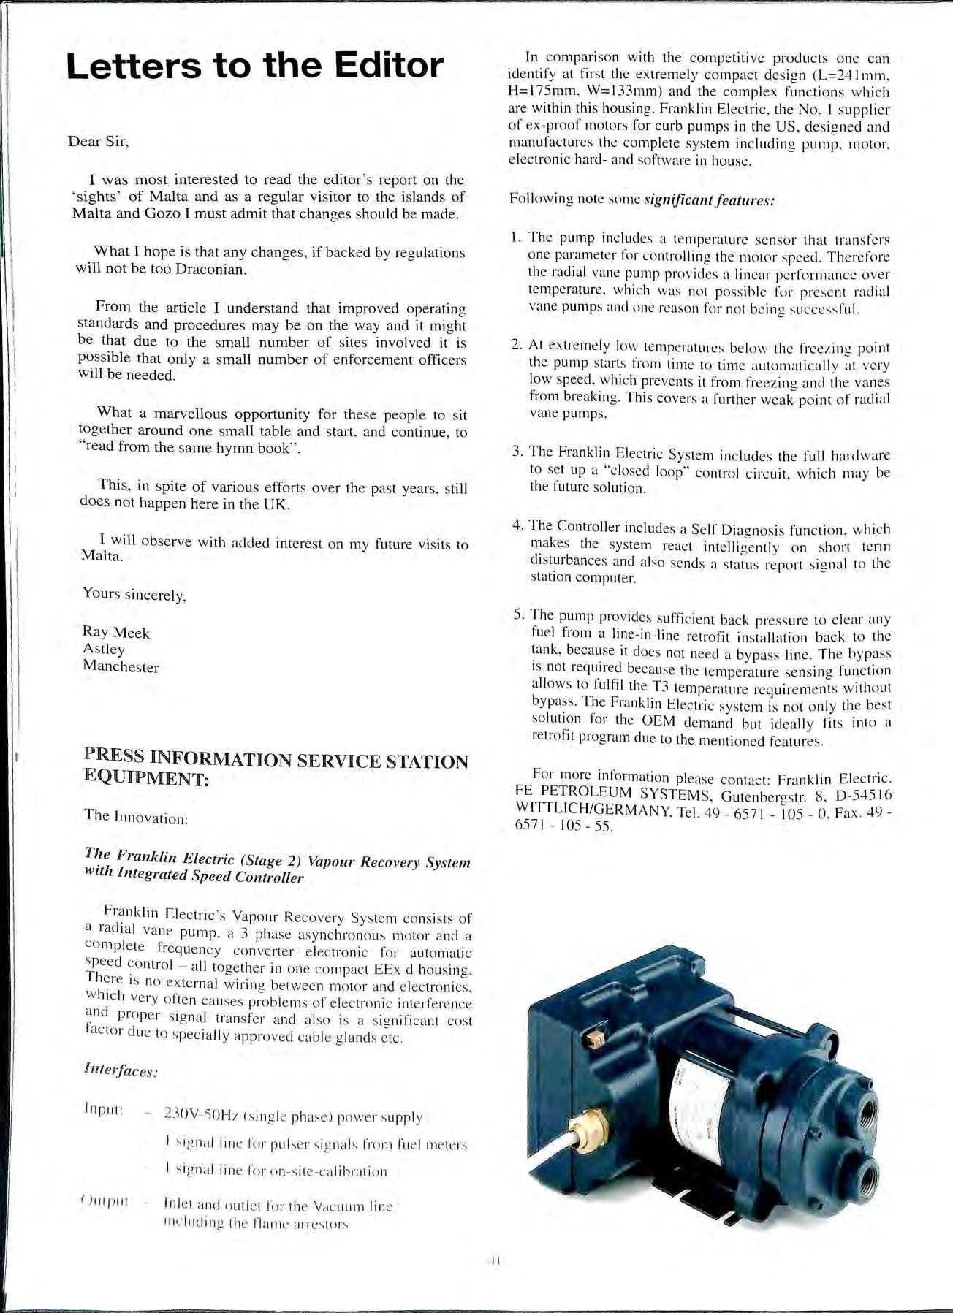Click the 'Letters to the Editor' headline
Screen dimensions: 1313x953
pyautogui.click(x=254, y=66)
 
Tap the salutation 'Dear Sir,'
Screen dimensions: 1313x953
pyautogui.click(x=98, y=141)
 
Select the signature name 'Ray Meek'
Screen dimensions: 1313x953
pyautogui.click(x=115, y=633)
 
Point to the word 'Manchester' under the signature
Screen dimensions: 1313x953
pyautogui.click(x=121, y=666)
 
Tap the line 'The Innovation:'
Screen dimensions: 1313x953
pyautogui.click(x=137, y=818)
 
